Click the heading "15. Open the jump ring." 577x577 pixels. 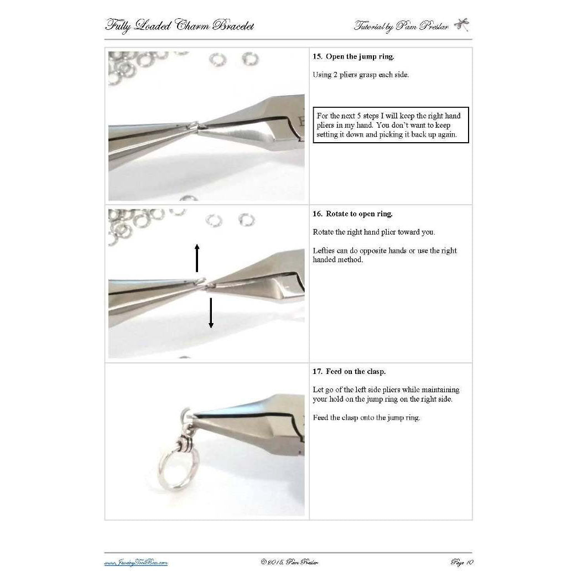[354, 56]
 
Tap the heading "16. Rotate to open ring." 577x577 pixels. [352, 214]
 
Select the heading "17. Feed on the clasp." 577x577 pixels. [349, 372]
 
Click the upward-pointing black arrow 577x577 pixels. [196, 257]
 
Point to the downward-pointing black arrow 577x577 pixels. [211, 313]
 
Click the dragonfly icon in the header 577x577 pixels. [461, 25]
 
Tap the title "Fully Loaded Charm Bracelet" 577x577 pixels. [179, 25]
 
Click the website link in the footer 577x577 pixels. [136, 563]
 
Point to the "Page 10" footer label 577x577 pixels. [462, 563]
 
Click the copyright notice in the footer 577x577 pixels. [289, 563]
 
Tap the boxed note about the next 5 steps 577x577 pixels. [391, 125]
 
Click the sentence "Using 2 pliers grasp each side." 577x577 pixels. [361, 75]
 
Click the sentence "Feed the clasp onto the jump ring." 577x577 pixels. [366, 418]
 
